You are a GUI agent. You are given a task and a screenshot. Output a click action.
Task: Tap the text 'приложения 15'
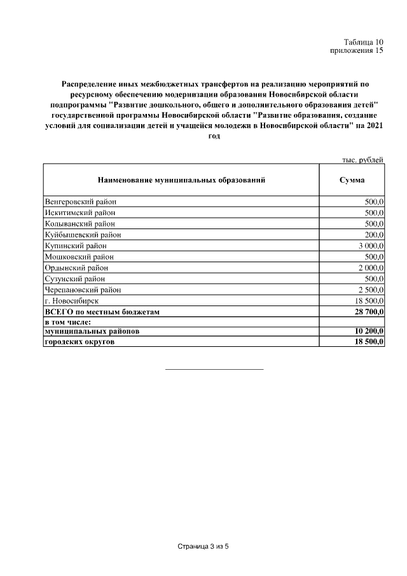[357, 51]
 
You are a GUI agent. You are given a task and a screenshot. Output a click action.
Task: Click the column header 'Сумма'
[352, 180]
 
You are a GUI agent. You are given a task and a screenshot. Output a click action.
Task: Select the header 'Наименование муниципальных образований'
[181, 180]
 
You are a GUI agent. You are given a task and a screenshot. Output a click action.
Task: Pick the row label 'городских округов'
[81, 342]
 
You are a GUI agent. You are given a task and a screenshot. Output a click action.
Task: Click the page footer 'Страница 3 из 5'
[202, 547]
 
